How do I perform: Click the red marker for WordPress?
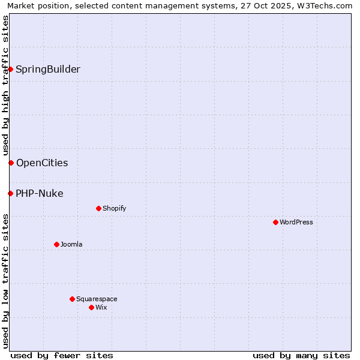point(275,222)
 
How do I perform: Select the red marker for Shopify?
point(98,208)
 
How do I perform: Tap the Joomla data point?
point(56,244)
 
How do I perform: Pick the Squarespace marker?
point(72,299)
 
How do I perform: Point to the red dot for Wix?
point(91,307)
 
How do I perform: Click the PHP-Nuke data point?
point(10,193)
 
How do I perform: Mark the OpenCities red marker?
point(11,163)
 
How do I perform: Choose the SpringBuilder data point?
point(10,69)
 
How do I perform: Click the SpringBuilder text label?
point(48,69)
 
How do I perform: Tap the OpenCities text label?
point(42,163)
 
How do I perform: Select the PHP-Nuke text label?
point(40,193)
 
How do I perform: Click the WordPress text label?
point(296,222)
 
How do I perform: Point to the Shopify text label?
point(115,208)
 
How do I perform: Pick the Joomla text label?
point(71,244)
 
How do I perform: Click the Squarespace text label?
point(97,299)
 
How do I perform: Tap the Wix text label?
point(101,307)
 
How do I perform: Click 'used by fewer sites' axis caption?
point(62,355)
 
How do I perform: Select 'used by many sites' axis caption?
point(301,355)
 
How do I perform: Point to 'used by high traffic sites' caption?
point(5,85)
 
